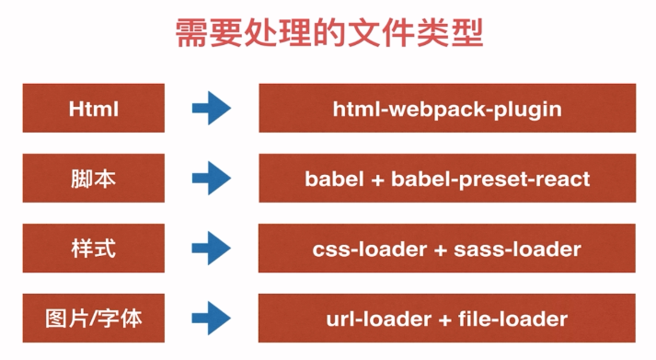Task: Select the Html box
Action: [x=94, y=109]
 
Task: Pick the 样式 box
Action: [x=94, y=249]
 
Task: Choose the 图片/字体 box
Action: [x=94, y=319]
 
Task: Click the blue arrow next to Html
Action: [x=212, y=109]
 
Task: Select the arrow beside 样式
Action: [x=212, y=249]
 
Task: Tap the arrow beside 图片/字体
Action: [x=212, y=319]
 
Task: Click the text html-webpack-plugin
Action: [x=447, y=110]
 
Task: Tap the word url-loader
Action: [x=371, y=319]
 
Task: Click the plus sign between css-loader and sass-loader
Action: [x=436, y=250]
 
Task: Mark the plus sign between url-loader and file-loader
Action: [x=443, y=319]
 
